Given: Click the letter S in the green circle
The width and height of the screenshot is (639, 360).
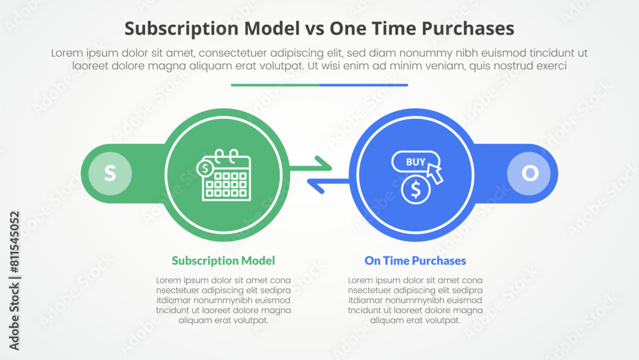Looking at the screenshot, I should [110, 173].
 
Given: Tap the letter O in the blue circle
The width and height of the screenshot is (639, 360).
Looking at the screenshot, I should [530, 173].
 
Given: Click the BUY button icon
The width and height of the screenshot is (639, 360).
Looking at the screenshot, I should [415, 162].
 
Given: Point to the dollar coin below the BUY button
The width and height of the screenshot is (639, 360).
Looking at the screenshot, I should [416, 189].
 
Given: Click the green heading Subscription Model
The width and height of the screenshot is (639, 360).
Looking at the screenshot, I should [223, 260].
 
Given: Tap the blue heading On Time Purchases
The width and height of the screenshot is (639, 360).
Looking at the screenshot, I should [415, 260].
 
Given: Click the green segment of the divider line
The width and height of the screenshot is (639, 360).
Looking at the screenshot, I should [275, 84].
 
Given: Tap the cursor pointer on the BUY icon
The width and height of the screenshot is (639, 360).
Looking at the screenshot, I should [435, 172].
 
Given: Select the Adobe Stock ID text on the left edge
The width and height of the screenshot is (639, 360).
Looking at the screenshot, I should [14, 281].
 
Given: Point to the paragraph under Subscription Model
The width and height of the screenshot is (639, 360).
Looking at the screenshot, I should [223, 300].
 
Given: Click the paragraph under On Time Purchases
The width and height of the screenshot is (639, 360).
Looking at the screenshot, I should [415, 300].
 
